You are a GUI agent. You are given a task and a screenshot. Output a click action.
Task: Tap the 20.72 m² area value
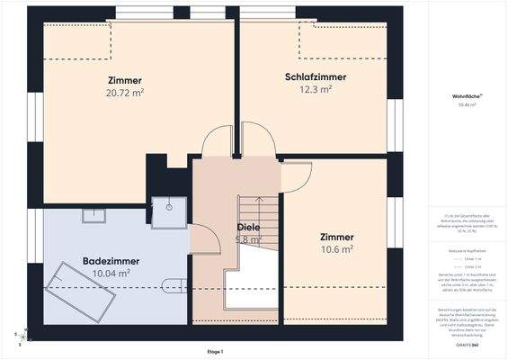click(125, 92)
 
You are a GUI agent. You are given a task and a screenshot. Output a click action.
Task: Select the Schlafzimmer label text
click(316, 77)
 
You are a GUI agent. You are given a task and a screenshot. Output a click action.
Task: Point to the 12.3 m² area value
click(316, 90)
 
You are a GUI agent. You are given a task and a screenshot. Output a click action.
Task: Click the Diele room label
click(248, 228)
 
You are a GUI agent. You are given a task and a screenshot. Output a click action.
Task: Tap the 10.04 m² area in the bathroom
click(112, 273)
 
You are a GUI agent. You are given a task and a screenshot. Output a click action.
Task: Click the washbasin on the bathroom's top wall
click(94, 215)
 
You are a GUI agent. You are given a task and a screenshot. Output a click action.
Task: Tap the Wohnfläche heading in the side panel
click(465, 96)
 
